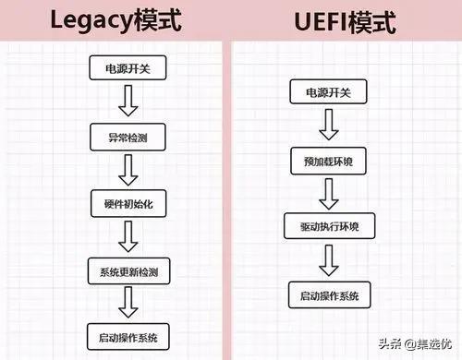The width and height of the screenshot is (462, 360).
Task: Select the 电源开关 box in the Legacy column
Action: click(128, 67)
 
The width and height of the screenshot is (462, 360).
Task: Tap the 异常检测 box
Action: click(128, 138)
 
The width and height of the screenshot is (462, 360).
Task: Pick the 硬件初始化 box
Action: click(128, 204)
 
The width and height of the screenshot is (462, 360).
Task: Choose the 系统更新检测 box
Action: click(128, 273)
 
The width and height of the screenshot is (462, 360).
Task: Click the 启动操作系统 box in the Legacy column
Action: click(128, 333)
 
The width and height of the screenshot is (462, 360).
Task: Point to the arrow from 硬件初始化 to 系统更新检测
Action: click(128, 238)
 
